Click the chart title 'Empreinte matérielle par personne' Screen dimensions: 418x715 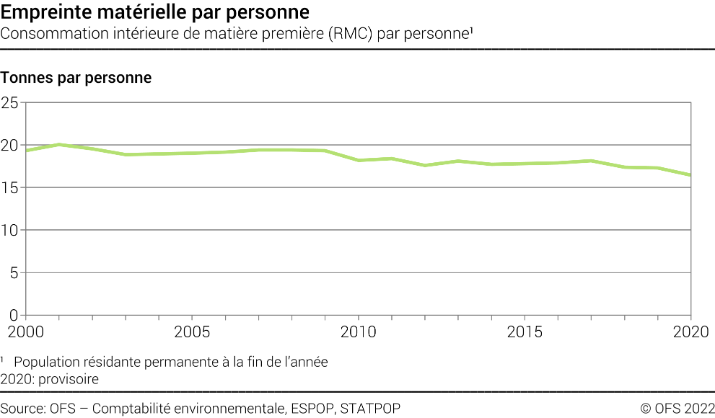(x=156, y=12)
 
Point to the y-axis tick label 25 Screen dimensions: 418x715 (x=9, y=103)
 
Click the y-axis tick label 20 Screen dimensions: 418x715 (x=9, y=146)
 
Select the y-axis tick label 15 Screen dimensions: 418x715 (x=9, y=188)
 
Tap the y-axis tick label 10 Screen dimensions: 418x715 (x=9, y=231)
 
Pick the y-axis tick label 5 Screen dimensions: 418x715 (x=14, y=273)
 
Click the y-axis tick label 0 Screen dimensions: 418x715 (x=14, y=315)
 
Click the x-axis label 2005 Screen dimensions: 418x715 (x=192, y=332)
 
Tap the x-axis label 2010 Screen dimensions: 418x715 (x=359, y=332)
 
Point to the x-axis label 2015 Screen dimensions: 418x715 (x=525, y=332)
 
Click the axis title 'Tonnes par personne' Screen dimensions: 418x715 (x=76, y=78)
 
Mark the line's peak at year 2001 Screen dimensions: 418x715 (x=59, y=144)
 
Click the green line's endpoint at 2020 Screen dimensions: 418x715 (x=690, y=175)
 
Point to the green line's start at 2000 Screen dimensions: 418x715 (x=26, y=150)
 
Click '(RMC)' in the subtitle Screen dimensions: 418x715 (x=351, y=34)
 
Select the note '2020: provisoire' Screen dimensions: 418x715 (x=49, y=378)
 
